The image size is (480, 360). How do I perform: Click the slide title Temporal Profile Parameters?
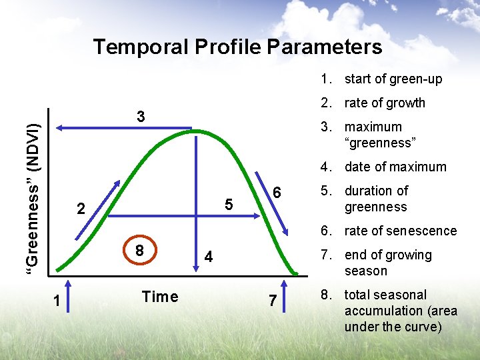tap(237, 47)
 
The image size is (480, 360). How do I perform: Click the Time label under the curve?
tap(160, 297)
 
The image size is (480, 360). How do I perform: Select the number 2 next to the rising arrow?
tap(81, 209)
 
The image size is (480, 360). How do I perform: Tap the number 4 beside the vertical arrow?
tap(209, 257)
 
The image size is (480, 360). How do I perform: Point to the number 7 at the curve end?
tap(272, 301)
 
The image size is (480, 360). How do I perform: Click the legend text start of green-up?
tap(393, 79)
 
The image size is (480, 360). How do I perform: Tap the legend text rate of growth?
tap(384, 103)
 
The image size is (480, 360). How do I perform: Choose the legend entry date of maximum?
tap(395, 167)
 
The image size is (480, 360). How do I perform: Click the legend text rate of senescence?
tap(400, 231)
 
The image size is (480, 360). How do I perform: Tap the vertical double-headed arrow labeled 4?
tap(197, 200)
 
